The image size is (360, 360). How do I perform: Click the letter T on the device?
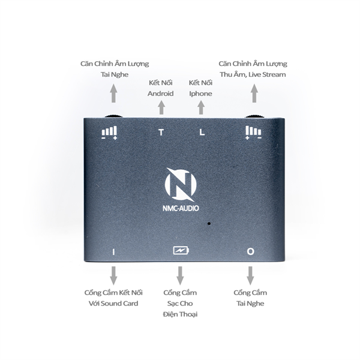[x=161, y=133]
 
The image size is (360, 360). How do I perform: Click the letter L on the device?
[x=202, y=133]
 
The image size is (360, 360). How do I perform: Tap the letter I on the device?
[x=113, y=252]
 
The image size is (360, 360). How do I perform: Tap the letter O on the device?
[x=250, y=252]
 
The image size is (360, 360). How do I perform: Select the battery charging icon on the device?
[x=180, y=251]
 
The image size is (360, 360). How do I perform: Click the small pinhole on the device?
[x=209, y=224]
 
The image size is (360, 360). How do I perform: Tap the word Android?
[x=160, y=94]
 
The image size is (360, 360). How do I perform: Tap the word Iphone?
[x=200, y=94]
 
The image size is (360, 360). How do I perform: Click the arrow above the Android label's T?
[x=161, y=108]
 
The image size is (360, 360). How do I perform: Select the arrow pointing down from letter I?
[x=113, y=275]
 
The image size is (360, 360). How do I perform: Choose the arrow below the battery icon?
[x=179, y=275]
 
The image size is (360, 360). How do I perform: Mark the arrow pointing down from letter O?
[x=250, y=275]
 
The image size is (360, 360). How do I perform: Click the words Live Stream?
[x=269, y=74]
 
